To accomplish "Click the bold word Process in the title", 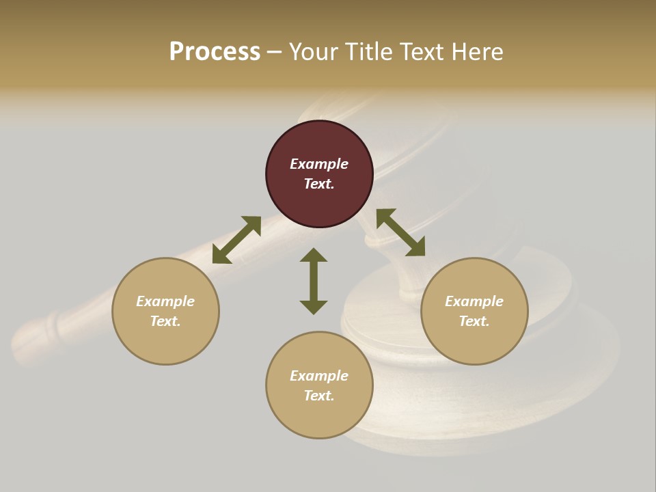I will tap(215, 52).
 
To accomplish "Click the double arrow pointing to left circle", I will tap(236, 240).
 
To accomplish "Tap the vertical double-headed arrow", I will tap(314, 281).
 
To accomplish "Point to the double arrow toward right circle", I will tap(400, 232).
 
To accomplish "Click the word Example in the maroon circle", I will tap(319, 164).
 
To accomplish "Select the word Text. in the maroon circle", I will tap(319, 184).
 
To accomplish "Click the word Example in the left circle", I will tap(165, 301).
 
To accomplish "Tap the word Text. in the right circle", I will tap(474, 321).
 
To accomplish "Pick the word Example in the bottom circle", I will tap(319, 376).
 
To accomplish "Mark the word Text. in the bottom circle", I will tap(319, 396).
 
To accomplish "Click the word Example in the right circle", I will tap(474, 301).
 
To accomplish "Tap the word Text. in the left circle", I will tap(165, 321).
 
